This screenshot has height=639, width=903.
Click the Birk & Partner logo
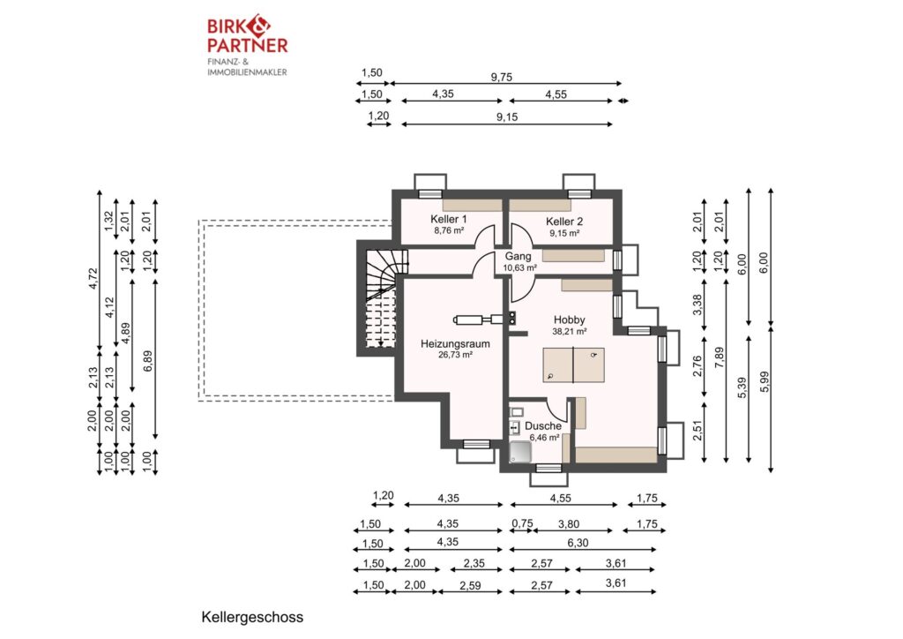click(x=247, y=45)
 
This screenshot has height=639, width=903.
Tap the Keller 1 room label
click(x=449, y=219)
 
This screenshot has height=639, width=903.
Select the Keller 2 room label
click(x=564, y=222)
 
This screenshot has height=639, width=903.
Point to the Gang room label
click(x=519, y=257)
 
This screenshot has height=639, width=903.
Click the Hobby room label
click(x=570, y=319)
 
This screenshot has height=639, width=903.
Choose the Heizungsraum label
click(x=455, y=344)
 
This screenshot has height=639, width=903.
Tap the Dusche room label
click(x=543, y=425)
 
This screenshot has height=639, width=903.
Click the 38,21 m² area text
click(x=570, y=331)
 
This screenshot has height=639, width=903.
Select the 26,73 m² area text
click(x=455, y=355)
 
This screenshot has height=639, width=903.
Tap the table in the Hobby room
click(x=573, y=365)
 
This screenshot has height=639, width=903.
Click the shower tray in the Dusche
click(x=521, y=451)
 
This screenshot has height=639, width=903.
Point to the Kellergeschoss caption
click(x=252, y=617)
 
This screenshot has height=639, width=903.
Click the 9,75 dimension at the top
click(x=502, y=77)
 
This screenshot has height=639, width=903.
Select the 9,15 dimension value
click(x=507, y=117)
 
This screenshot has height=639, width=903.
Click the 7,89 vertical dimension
click(x=720, y=357)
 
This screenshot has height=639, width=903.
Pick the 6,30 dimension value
click(x=578, y=543)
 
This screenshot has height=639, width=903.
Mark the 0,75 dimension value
click(x=522, y=523)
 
